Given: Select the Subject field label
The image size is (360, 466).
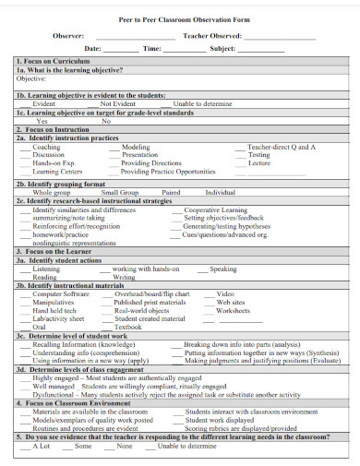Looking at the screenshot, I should click(223, 48).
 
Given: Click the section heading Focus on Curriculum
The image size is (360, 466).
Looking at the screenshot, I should click(54, 61).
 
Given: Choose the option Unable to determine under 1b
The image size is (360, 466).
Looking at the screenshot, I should click(203, 104).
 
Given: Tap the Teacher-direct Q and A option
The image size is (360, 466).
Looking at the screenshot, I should click(282, 147).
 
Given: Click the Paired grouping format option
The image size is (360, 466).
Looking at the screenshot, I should click(171, 192).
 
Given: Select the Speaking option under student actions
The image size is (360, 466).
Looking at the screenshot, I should click(223, 269).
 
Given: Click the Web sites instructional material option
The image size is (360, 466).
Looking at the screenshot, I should click(231, 302).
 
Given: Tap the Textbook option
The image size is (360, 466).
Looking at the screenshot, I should click(127, 327).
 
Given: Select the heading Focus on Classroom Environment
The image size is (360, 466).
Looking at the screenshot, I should click(71, 402).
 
